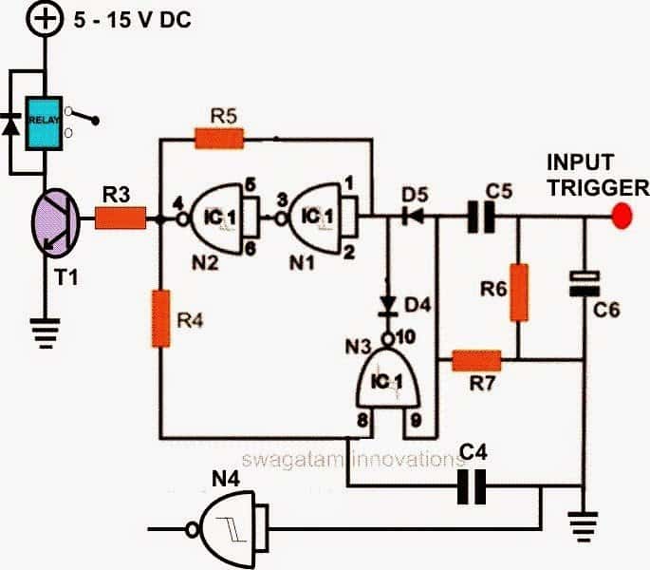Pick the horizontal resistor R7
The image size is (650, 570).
click(475, 360)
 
